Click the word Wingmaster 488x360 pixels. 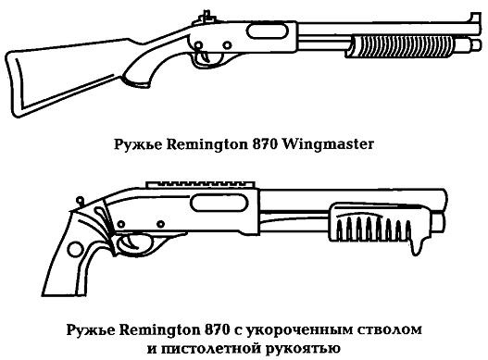[331, 144]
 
